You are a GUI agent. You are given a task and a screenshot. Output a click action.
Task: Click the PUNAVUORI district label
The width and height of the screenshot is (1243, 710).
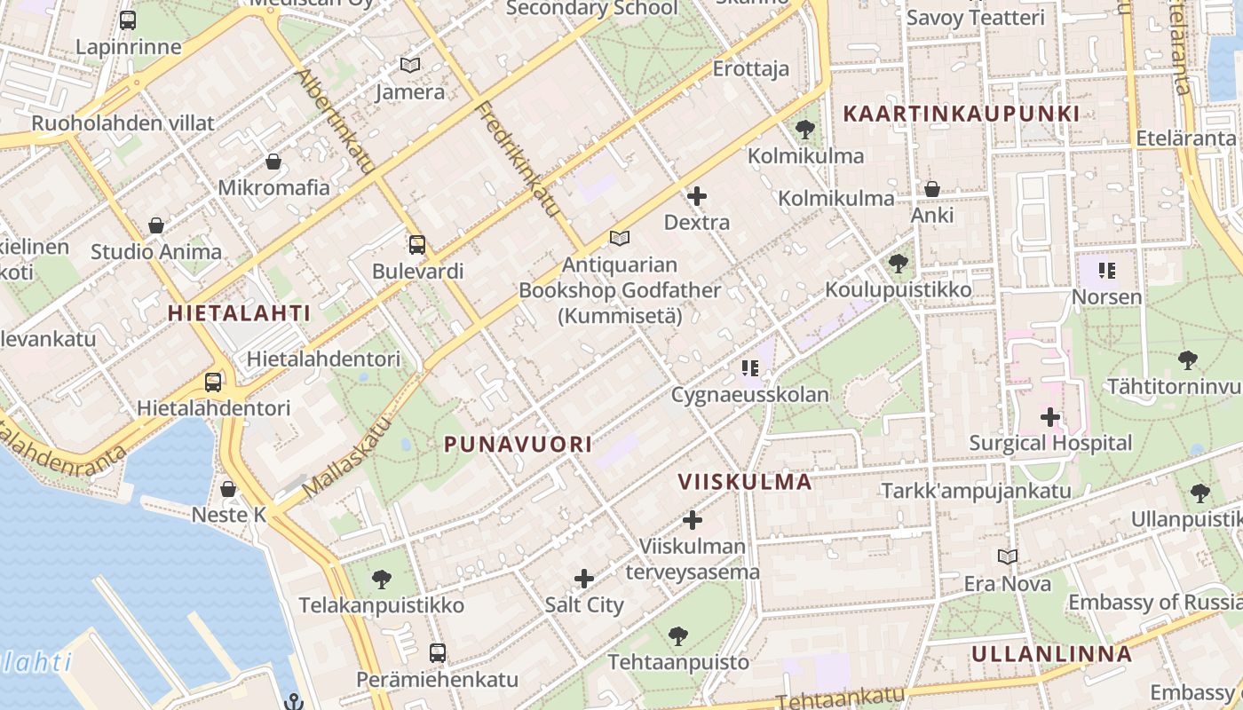tap(518, 444)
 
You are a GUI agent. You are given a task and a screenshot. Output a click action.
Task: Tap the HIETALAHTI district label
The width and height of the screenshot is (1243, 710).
tap(240, 313)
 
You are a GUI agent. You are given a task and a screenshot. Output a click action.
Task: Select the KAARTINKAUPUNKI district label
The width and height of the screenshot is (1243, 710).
tap(961, 114)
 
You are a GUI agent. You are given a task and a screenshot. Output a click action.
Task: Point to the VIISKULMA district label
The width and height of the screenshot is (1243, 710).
tap(745, 482)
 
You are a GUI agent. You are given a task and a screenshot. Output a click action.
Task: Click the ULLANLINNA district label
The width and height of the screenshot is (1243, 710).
tap(1051, 655)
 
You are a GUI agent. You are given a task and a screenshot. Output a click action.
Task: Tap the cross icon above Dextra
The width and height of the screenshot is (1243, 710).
tap(697, 196)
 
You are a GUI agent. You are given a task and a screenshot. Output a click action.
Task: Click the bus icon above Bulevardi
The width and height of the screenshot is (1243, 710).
tap(417, 244)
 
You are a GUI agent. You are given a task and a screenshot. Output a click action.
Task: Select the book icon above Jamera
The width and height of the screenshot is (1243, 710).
tap(409, 65)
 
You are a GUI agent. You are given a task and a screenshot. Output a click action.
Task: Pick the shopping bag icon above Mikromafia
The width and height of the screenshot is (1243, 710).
tap(273, 162)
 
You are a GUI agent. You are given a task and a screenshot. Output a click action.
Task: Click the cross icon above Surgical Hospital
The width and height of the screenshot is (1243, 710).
tap(1050, 416)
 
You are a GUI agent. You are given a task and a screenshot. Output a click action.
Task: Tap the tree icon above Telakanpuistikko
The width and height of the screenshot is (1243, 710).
tap(382, 580)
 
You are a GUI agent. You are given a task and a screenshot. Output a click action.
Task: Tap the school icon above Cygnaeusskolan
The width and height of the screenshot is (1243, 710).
tap(750, 367)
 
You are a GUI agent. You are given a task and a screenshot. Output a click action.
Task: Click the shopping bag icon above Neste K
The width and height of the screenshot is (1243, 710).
tap(228, 489)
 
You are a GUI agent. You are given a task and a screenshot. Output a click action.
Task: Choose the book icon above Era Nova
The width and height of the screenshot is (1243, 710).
tap(1007, 556)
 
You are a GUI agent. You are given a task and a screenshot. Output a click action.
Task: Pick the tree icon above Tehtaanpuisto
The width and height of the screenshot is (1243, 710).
tap(678, 635)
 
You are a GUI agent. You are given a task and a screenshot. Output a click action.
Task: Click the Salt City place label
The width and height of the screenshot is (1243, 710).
tap(584, 605)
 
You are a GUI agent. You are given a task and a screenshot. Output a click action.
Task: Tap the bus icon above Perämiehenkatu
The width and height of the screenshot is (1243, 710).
tap(437, 653)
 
